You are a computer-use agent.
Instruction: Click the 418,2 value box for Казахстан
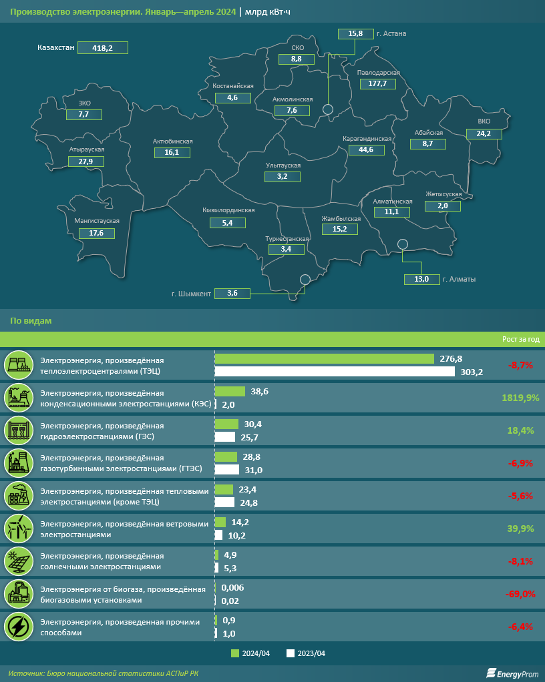click(102, 47)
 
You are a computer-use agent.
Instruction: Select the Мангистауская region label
click(97, 220)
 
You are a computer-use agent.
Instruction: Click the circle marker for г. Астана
click(328, 109)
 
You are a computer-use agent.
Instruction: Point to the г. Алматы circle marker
click(402, 244)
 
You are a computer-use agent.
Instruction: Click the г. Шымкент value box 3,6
click(232, 293)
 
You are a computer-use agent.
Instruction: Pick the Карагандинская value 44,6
click(366, 149)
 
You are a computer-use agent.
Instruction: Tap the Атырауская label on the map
click(87, 149)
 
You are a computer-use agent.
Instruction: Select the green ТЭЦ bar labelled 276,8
click(324, 359)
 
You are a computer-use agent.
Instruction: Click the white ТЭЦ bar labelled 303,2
click(335, 372)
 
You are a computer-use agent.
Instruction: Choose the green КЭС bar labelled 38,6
click(230, 392)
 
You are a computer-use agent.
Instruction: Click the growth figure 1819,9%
click(519, 398)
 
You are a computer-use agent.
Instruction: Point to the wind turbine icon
click(18, 529)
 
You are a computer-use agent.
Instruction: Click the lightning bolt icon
click(18, 627)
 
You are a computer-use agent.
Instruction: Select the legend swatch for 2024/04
click(234, 653)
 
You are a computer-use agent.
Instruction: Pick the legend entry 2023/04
click(308, 653)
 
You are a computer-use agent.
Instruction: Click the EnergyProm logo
click(512, 673)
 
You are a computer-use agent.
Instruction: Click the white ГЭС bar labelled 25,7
click(225, 437)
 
